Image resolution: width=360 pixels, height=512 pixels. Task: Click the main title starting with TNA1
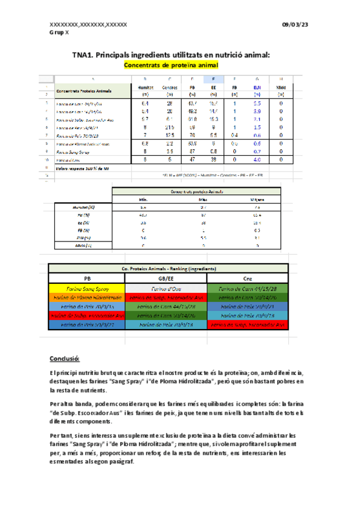click(170, 55)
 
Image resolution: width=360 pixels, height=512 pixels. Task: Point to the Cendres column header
click(169, 88)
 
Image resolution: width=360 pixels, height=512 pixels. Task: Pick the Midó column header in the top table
click(281, 88)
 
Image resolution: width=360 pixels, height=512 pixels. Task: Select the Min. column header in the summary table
click(144, 199)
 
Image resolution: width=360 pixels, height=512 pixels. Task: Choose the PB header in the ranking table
click(87, 279)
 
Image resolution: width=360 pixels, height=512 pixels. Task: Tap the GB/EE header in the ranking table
click(168, 279)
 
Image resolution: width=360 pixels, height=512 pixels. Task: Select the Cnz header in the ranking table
click(248, 279)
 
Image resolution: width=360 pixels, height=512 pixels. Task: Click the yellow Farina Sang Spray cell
click(87, 289)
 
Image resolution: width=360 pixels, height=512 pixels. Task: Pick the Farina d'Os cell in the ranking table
click(168, 289)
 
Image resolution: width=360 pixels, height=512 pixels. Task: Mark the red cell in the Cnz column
click(248, 324)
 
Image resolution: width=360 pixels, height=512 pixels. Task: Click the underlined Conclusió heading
click(63, 357)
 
